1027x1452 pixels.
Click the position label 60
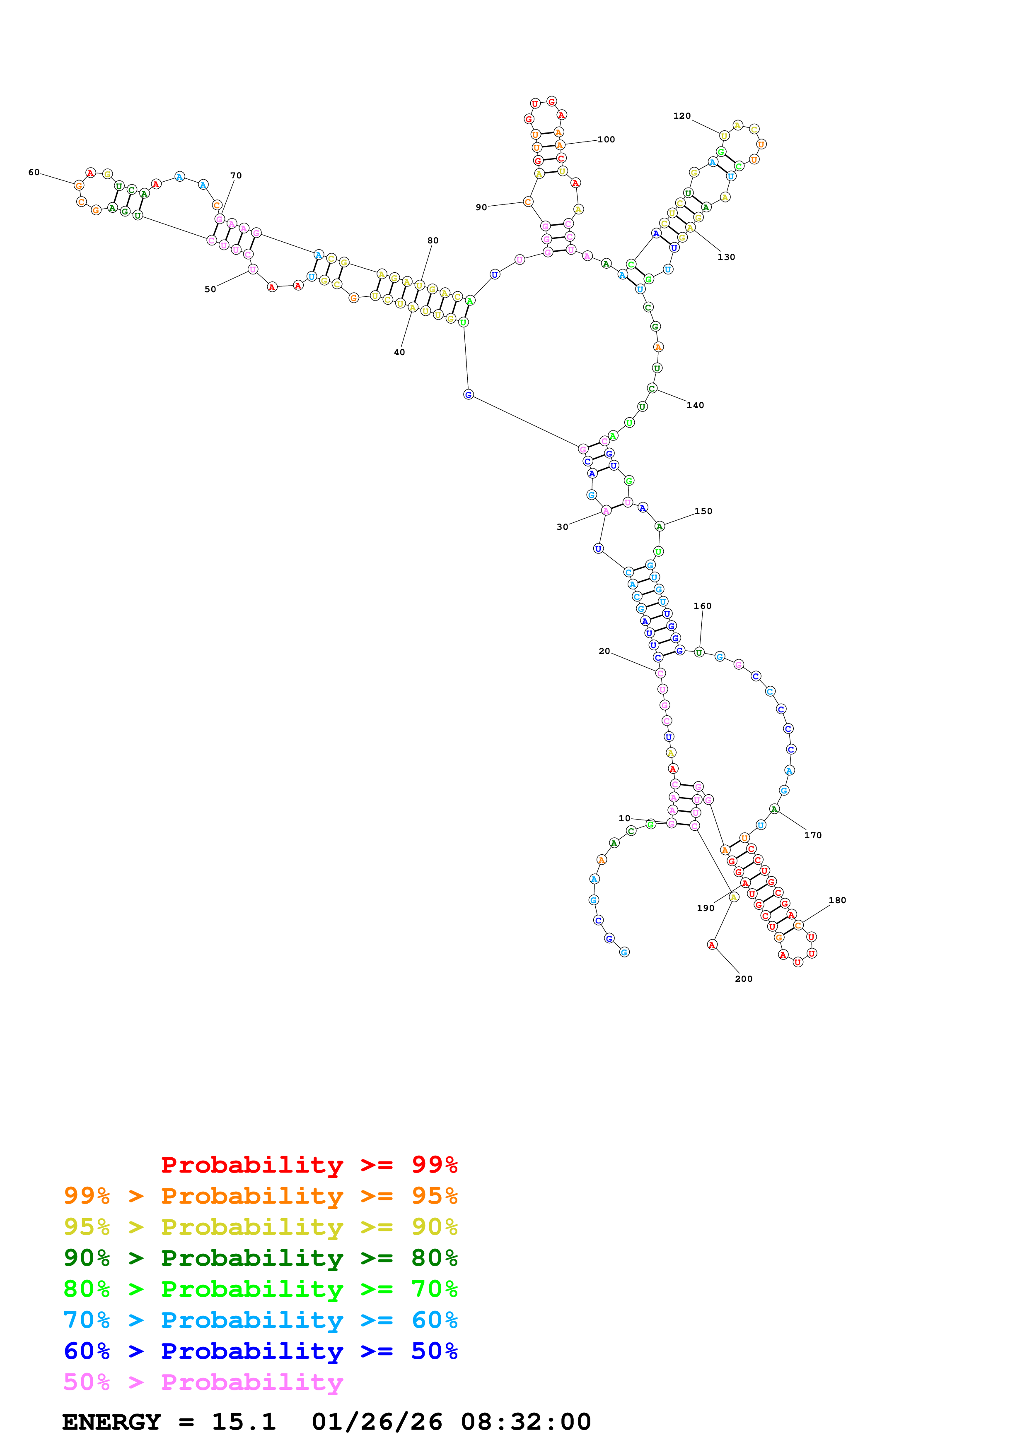coord(34,172)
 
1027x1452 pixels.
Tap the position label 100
coord(606,140)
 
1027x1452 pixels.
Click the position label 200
coord(744,979)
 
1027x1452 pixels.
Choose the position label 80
coord(433,240)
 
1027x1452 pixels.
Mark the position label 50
coord(210,290)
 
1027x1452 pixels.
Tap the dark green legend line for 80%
coord(260,1258)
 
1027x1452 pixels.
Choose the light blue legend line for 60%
coord(260,1320)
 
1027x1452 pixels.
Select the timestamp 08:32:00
coord(525,1422)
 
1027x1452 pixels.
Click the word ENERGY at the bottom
coord(111,1422)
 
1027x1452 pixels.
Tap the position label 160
coord(702,606)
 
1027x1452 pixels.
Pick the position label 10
coord(625,818)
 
